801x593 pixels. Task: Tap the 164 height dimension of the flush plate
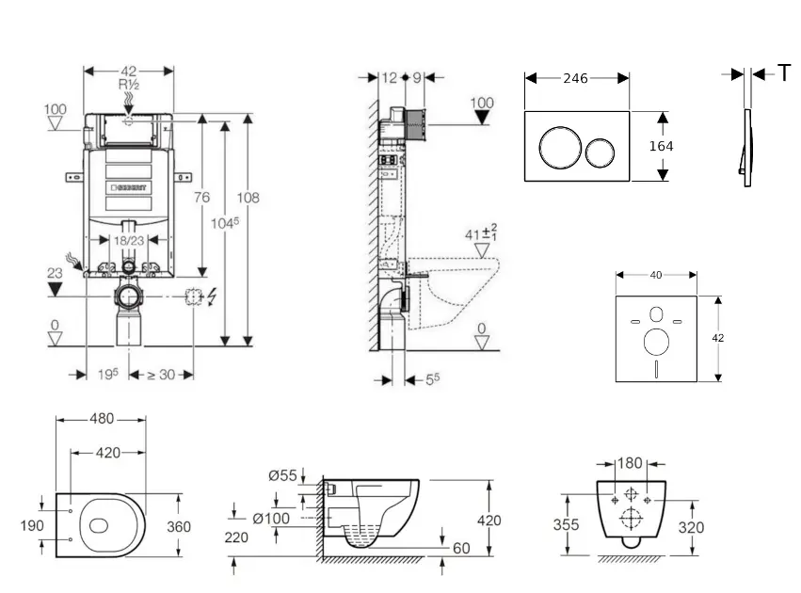(x=662, y=146)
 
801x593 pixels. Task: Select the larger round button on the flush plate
(x=555, y=148)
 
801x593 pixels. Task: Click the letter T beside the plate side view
(x=784, y=74)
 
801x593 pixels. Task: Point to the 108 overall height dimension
(x=248, y=198)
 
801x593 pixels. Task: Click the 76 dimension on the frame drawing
(x=200, y=198)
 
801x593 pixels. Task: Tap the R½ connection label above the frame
(x=129, y=85)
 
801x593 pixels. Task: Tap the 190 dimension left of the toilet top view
(x=31, y=525)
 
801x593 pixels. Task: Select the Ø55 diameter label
(x=282, y=476)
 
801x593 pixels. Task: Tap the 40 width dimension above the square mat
(x=656, y=275)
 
